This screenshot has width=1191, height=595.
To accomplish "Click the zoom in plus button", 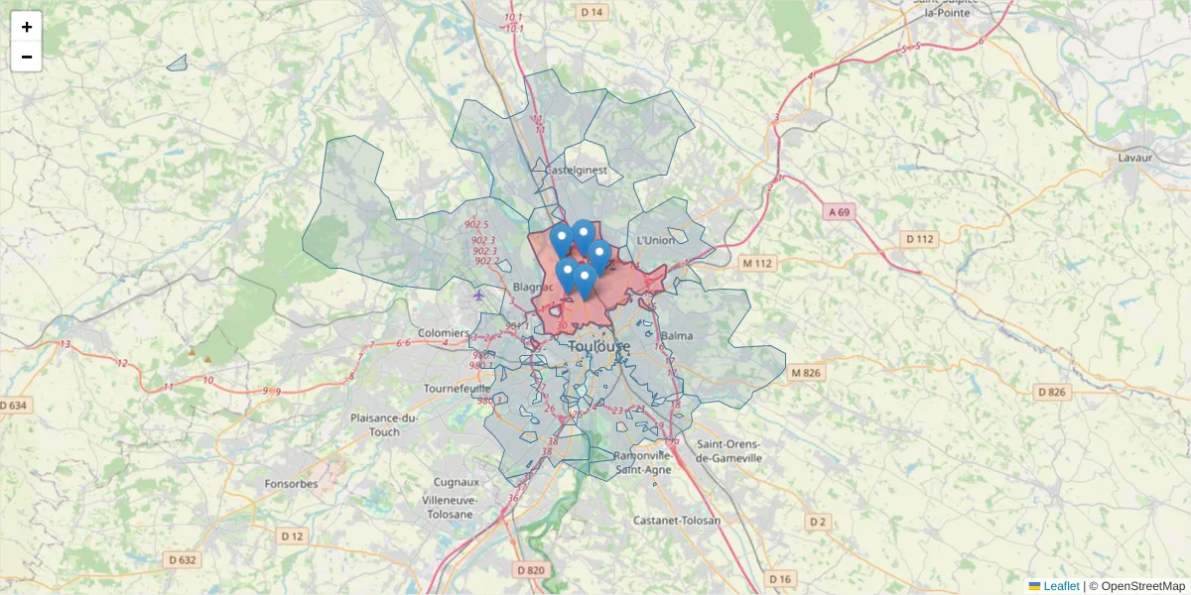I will click(x=26, y=27).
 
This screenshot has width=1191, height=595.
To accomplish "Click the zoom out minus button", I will click(x=26, y=57).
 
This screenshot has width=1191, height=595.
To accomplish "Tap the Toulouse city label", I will click(x=599, y=346).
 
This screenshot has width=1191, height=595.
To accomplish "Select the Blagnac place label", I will click(x=534, y=287).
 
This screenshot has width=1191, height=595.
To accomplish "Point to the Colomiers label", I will click(x=444, y=333).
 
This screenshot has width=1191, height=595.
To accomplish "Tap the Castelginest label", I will click(x=576, y=171).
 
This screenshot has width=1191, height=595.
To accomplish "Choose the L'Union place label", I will click(x=655, y=240).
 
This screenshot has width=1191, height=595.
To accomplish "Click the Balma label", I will click(x=676, y=336).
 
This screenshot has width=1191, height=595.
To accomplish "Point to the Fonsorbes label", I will click(x=291, y=484).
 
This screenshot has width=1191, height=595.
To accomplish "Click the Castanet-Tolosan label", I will click(x=677, y=520).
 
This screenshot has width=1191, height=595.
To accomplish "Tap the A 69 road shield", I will click(x=839, y=212).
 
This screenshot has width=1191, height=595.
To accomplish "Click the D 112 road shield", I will click(x=920, y=239).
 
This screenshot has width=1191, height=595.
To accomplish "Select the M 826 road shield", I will click(x=806, y=373).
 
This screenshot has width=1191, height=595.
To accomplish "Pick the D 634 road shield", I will click(x=15, y=405).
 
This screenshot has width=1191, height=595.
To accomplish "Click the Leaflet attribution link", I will click(x=1060, y=586).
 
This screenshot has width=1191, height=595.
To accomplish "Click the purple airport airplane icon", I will click(x=479, y=295).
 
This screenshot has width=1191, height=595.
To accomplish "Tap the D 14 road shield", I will click(x=592, y=12).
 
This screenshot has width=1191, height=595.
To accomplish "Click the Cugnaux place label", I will click(x=456, y=482).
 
